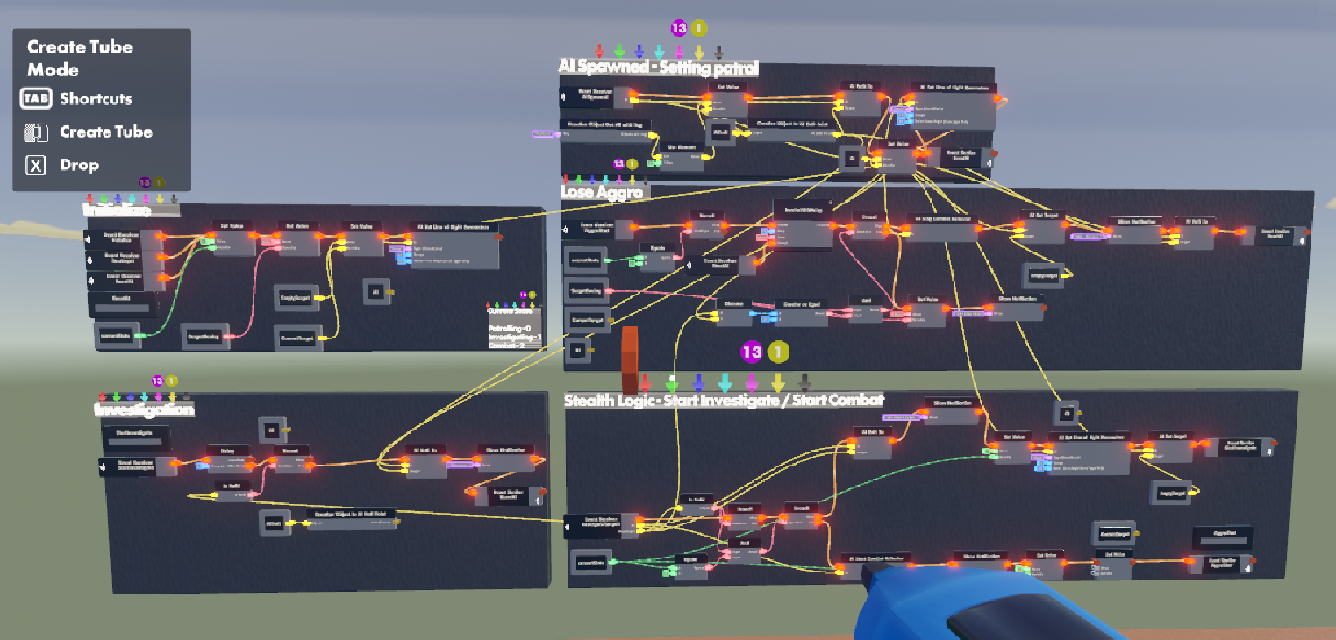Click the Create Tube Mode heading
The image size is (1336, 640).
[79, 58]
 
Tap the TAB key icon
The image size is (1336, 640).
[36, 99]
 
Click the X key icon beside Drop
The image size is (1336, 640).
[35, 165]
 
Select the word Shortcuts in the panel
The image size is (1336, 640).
[96, 99]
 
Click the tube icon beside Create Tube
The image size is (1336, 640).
[35, 132]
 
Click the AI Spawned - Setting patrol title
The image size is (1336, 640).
[658, 67]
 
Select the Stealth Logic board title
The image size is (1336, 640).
[724, 400]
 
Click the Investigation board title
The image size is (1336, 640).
[144, 409]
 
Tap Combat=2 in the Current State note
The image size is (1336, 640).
[507, 345]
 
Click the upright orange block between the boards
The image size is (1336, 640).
[629, 359]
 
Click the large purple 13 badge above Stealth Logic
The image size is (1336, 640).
[752, 352]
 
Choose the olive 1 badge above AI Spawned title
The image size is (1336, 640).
[698, 28]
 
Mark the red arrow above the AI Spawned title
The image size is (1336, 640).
[599, 51]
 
